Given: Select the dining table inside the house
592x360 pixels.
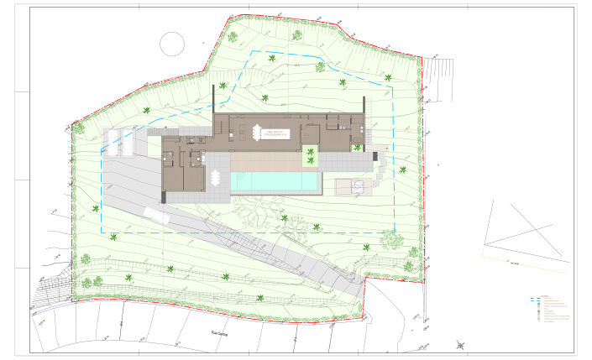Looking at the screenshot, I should (256, 132).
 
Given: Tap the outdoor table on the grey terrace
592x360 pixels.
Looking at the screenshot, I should (216, 179).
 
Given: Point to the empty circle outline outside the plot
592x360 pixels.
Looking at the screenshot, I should (171, 43).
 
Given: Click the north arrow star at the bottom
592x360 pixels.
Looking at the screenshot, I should (460, 344).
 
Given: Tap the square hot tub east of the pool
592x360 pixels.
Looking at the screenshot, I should (352, 185).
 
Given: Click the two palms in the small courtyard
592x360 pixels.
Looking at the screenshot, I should (311, 155).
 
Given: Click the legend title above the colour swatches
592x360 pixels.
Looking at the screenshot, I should (546, 295).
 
